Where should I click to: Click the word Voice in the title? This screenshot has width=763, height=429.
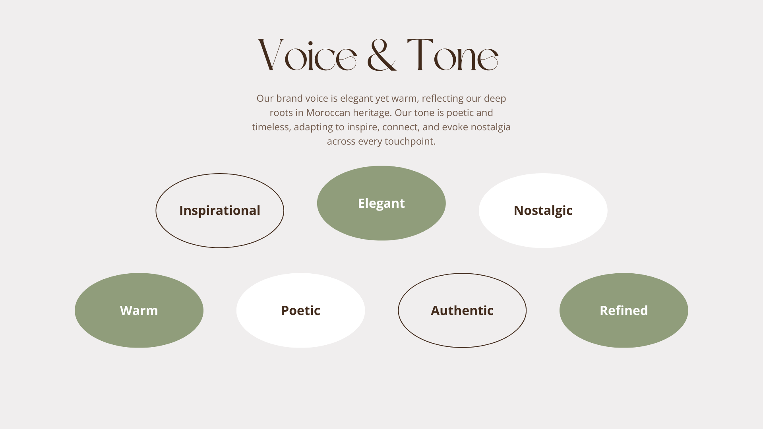tap(307, 55)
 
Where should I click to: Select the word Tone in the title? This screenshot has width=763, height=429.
tap(453, 55)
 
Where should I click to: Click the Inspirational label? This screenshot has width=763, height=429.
tap(220, 211)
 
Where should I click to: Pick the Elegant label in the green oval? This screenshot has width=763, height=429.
tap(381, 203)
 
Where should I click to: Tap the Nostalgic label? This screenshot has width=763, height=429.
tap(543, 211)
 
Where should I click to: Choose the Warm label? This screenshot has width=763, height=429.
tap(139, 311)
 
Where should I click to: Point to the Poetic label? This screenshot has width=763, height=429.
tap(301, 311)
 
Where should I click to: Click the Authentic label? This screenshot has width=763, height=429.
tap(462, 311)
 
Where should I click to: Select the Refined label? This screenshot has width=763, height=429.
tap(624, 311)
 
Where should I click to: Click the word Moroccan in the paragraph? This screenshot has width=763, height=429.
tap(328, 113)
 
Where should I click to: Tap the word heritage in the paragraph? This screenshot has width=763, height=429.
tap(373, 113)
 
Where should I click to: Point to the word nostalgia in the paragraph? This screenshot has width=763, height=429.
tap(490, 128)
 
